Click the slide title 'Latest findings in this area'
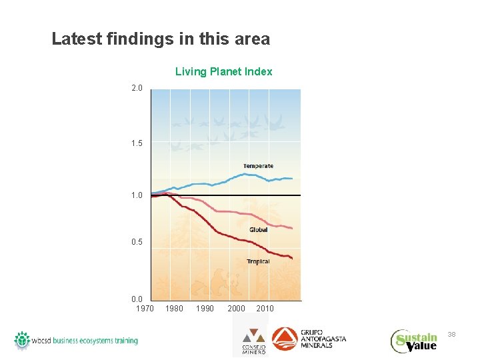coord(161,39)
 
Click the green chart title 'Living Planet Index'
coord(223,71)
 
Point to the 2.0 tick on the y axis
coord(137,88)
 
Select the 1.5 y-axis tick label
coord(137,143)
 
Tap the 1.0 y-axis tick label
coord(137,195)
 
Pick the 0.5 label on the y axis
coord(137,242)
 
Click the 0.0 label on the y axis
coord(137,299)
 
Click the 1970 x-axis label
coord(145,309)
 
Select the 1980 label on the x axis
coord(174,309)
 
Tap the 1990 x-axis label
coord(205,309)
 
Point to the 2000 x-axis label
coord(236,309)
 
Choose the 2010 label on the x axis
coord(265,309)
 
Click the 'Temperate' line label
coord(258,166)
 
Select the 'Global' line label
coord(258,230)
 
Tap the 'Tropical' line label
coord(258,261)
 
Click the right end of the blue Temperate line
coord(292,179)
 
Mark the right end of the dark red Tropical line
coord(292,258)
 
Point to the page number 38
coord(451,333)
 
